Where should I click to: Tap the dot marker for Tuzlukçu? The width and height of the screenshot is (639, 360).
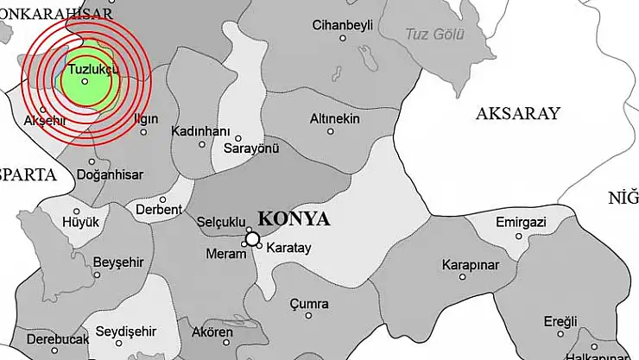[85, 81]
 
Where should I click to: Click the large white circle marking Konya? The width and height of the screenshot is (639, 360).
[252, 238]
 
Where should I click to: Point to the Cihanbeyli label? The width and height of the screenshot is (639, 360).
[343, 25]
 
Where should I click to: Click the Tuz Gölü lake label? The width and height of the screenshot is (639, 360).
[434, 35]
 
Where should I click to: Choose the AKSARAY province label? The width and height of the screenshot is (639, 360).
[518, 113]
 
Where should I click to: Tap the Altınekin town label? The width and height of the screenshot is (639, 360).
[333, 118]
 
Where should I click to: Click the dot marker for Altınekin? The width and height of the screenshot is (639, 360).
[331, 132]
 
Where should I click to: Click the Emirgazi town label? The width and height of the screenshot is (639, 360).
[521, 223]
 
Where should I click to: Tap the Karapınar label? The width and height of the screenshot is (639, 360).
[470, 264]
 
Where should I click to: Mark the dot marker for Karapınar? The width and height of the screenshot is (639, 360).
[463, 277]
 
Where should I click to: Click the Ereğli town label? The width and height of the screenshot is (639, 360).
[560, 321]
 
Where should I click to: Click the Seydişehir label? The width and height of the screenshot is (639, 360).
[125, 331]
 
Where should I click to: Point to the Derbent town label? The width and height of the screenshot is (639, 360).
[159, 209]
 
